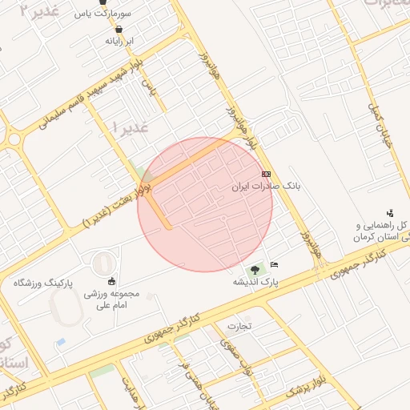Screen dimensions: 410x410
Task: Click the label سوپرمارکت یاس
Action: (x=102, y=14)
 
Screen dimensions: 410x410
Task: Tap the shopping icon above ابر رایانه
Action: (x=119, y=29)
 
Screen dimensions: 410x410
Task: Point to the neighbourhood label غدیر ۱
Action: (x=129, y=127)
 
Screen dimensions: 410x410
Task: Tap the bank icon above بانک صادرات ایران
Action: (x=267, y=174)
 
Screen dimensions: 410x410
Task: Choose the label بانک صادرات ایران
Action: (x=265, y=186)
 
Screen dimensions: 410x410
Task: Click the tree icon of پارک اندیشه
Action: (x=255, y=271)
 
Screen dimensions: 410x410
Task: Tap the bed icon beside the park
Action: (x=275, y=264)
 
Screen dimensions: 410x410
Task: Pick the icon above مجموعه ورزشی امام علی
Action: (x=111, y=280)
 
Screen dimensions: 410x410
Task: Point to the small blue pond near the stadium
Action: (x=60, y=343)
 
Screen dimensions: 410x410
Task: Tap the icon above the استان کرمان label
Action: (x=390, y=212)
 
